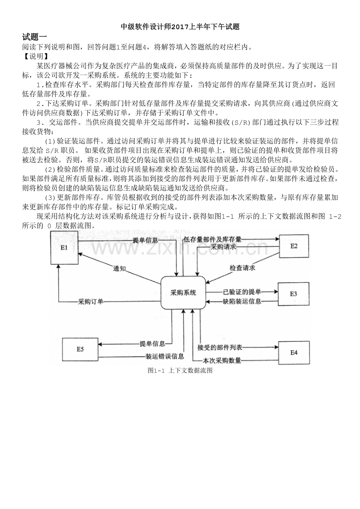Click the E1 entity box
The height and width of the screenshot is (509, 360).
64,247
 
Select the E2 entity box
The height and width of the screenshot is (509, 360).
294,246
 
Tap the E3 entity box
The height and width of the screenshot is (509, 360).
293,294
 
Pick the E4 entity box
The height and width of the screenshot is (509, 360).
294,353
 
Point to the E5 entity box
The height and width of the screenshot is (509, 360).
80,349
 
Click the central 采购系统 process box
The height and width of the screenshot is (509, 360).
183,293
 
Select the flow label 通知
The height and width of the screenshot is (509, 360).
119,269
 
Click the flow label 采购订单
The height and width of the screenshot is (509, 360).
90,301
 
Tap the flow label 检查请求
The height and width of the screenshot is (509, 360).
242,268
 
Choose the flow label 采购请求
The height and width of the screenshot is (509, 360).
223,247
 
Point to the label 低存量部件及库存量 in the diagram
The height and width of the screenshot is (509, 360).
212,239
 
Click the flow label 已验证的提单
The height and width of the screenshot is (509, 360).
242,292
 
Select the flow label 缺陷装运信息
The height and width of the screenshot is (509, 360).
242,301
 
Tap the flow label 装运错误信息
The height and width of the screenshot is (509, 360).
165,356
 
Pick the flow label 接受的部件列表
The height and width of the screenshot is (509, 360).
220,348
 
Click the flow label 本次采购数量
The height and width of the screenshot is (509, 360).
222,360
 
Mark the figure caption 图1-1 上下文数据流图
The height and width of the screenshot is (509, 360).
180,371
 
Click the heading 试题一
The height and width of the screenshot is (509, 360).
34,37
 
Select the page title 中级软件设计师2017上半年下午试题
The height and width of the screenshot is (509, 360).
180,27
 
